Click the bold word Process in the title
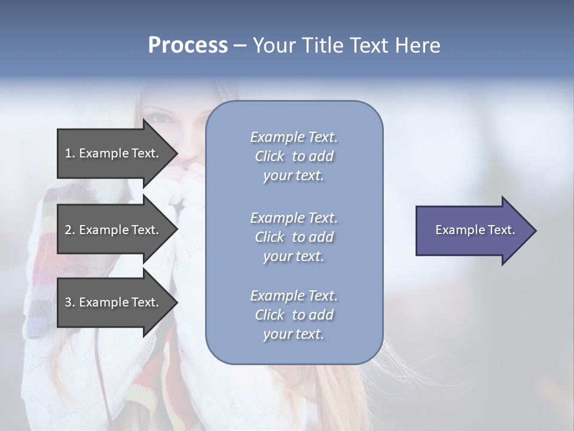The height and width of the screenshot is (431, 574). click(188, 45)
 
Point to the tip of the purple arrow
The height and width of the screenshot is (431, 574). click(535, 230)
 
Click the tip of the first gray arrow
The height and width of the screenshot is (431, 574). click(177, 153)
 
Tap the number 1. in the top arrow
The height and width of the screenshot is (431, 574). click(70, 153)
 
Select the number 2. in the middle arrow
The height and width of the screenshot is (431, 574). click(70, 230)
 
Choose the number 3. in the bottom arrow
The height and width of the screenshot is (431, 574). click(70, 302)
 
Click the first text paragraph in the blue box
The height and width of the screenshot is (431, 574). click(294, 156)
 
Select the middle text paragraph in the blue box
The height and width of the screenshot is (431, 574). click(294, 236)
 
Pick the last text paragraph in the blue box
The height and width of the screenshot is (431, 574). click(294, 315)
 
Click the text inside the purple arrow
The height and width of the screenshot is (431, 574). click(475, 230)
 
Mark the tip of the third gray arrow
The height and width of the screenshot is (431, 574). click(177, 302)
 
